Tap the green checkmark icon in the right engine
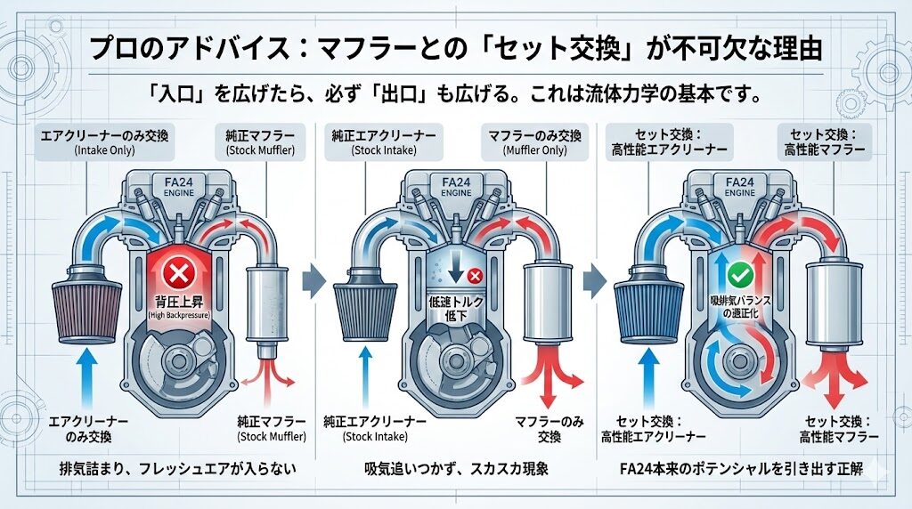pyautogui.click(x=738, y=273)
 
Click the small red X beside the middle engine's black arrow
pyautogui.click(x=475, y=277)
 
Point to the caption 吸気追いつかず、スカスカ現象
pyautogui.click(x=456, y=470)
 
